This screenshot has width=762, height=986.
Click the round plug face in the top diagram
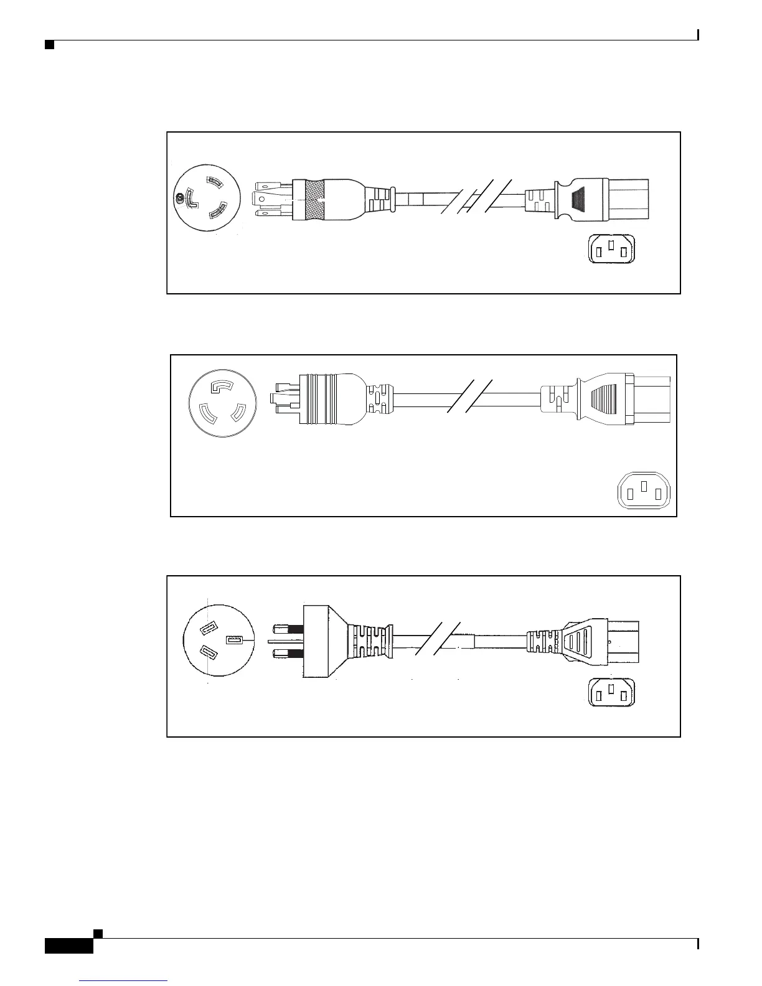pyautogui.click(x=205, y=198)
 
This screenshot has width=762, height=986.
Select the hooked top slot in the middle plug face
pyautogui.click(x=223, y=387)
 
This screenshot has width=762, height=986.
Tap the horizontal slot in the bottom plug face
pyautogui.click(x=235, y=640)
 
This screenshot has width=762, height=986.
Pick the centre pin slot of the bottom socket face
pyautogui.click(x=612, y=688)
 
